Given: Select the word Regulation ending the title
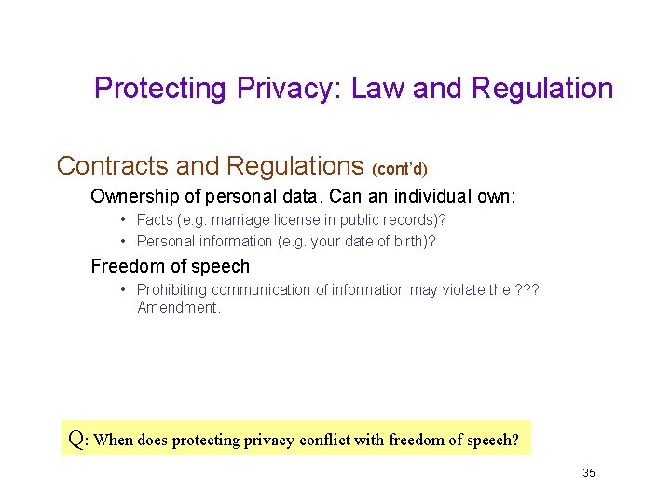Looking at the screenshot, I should (x=542, y=89).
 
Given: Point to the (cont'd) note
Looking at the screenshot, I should (x=399, y=170).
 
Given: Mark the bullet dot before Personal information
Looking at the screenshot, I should (x=124, y=241).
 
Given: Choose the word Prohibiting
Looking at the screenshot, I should (x=175, y=290).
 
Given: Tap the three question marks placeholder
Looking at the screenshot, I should (x=526, y=290).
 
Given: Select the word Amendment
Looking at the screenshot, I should (x=178, y=308).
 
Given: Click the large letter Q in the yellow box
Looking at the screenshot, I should (x=77, y=438).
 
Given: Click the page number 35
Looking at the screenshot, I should (x=589, y=473).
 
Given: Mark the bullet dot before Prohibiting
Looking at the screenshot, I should (x=124, y=290).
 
